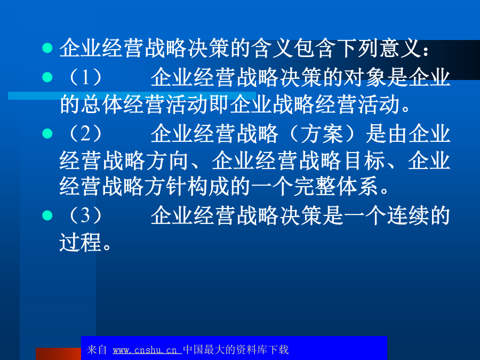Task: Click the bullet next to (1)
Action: [x=47, y=77]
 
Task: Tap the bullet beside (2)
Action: [x=47, y=133]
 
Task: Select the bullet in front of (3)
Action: [x=47, y=215]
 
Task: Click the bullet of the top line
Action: [x=47, y=48]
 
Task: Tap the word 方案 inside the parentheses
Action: [x=322, y=134]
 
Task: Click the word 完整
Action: [x=315, y=187]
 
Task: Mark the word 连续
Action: [x=407, y=216]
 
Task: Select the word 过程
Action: [x=80, y=242]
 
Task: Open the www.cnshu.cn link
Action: [x=147, y=350]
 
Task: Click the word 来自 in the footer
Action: [x=97, y=349]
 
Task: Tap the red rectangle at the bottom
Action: [x=58, y=354]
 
